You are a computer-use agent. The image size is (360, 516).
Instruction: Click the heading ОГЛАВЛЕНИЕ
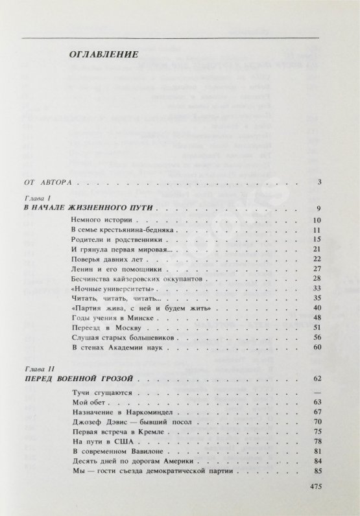tap(104, 54)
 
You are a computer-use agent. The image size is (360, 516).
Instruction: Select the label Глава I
tap(33, 198)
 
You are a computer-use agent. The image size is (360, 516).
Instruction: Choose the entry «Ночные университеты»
tap(104, 288)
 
